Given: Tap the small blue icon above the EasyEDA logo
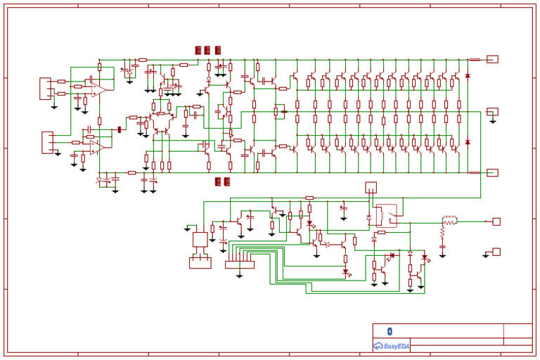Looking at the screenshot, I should [390, 331].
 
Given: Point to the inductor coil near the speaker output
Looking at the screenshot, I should [449, 221].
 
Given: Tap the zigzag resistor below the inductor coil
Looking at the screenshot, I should [443, 232].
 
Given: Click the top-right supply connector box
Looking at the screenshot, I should [492, 59].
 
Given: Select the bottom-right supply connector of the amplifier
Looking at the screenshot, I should [492, 172].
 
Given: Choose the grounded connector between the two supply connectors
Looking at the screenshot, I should [492, 111].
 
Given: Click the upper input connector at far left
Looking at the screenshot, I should [45, 88].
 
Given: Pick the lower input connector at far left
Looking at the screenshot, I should [47, 141].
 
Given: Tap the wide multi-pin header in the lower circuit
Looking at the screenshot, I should [239, 264].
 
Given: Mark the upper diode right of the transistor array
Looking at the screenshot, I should [468, 75].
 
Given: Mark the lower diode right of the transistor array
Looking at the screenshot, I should [468, 143].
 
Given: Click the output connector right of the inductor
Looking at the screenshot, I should [496, 221].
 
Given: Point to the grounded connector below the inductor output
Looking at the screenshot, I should [496, 251].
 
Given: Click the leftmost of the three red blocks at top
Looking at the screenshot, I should [198, 50].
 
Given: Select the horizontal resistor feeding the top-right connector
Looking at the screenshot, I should [475, 59].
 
